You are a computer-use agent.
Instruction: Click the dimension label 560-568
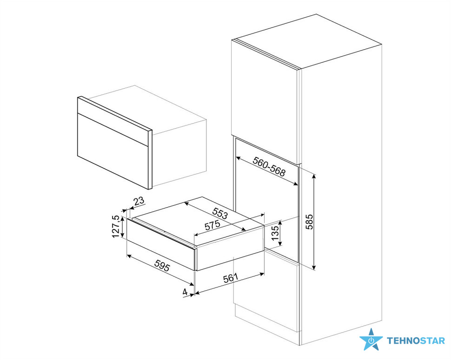click(269, 167)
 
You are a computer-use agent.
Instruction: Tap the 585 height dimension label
click(309, 222)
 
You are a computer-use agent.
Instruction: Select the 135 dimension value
click(275, 233)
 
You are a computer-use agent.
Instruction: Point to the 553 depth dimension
click(220, 213)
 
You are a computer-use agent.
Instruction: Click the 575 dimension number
click(212, 225)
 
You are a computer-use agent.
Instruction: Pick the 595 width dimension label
click(162, 265)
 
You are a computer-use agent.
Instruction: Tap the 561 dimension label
click(231, 278)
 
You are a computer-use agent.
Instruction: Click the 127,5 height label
click(116, 226)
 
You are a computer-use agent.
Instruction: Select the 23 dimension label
click(139, 201)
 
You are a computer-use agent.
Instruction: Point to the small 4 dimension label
click(185, 292)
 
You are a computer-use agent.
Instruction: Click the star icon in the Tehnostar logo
click(371, 340)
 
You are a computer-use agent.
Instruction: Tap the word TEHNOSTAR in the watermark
click(416, 341)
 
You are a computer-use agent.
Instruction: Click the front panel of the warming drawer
click(160, 244)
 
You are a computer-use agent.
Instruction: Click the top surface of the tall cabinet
click(306, 41)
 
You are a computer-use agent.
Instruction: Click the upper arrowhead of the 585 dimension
click(314, 176)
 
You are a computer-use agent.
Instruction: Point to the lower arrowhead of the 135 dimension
click(280, 244)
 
